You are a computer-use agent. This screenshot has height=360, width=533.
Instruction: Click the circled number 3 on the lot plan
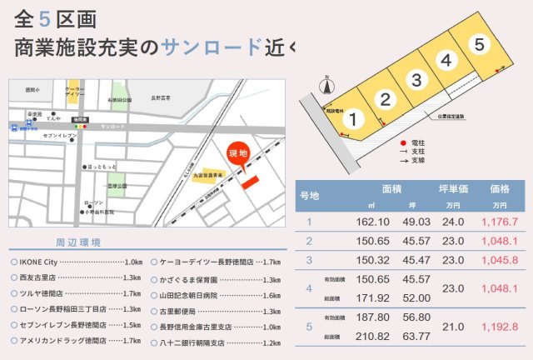[416, 79]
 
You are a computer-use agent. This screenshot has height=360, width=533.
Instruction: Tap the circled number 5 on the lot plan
[477, 45]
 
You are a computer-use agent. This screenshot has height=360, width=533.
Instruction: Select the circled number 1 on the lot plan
[352, 120]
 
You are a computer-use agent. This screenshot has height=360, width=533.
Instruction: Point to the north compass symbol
[327, 84]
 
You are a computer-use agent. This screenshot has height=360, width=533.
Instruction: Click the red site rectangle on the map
[251, 182]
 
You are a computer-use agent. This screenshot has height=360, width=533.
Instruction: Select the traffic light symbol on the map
[77, 127]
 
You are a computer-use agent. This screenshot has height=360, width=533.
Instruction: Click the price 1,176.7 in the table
[500, 222]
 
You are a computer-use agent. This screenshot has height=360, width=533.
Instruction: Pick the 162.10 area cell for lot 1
[372, 222]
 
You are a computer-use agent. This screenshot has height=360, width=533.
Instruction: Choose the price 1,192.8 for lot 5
[500, 327]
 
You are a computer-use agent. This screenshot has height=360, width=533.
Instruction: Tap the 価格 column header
[500, 189]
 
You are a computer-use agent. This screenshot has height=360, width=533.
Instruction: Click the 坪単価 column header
[453, 189]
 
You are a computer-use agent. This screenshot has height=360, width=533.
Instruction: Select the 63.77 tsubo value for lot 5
[416, 337]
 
